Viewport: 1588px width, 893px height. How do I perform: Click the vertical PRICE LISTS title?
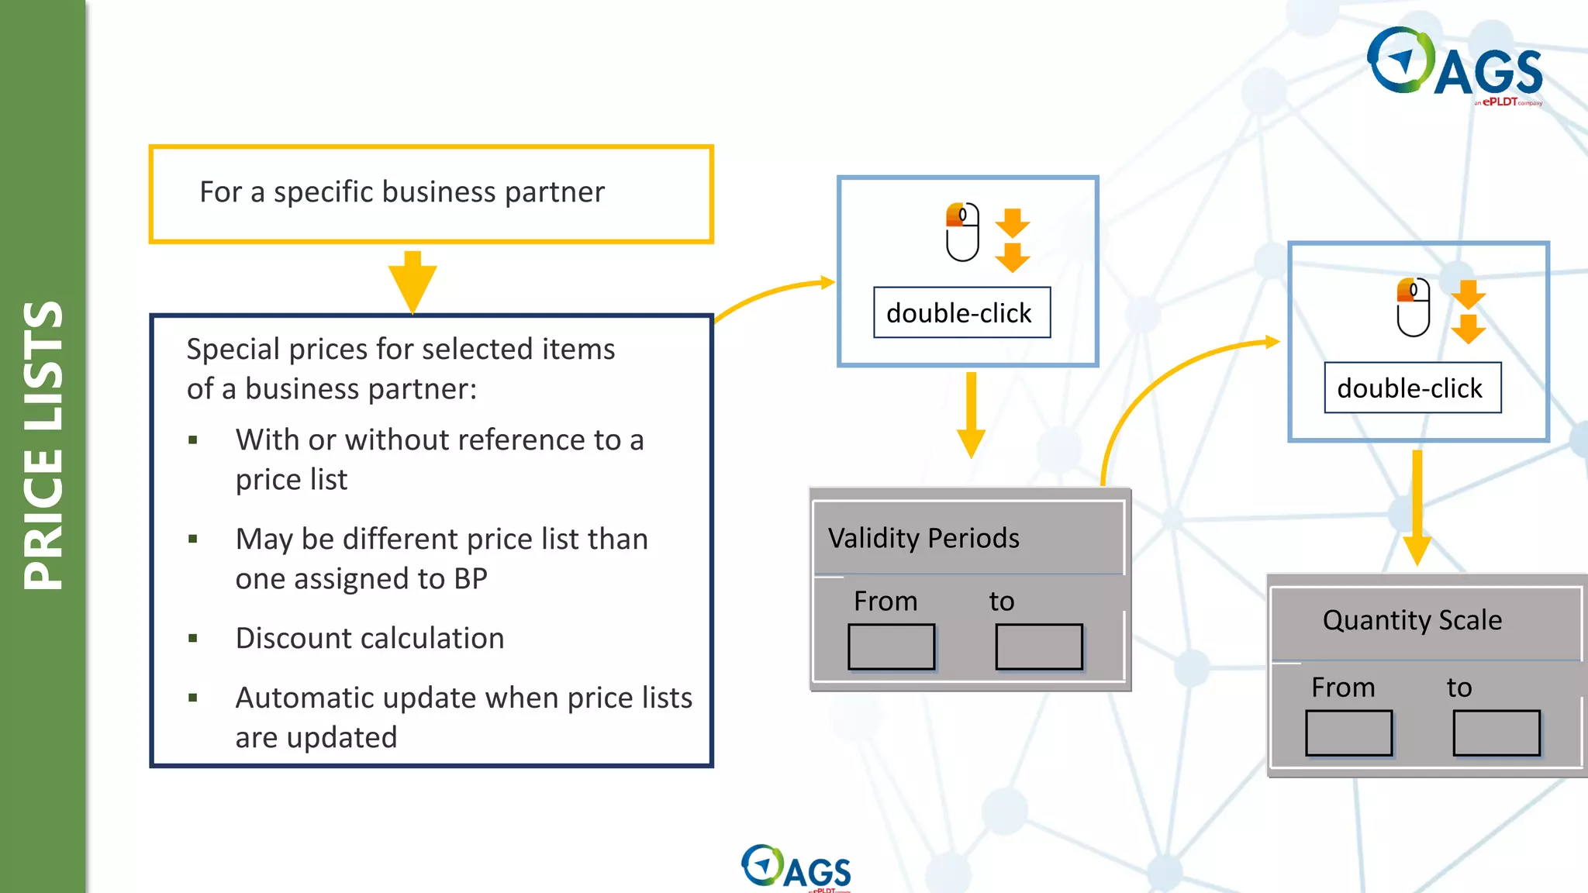(x=43, y=446)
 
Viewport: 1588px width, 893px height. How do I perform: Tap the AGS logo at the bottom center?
(x=796, y=867)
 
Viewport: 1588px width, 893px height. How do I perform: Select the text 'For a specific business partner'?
(x=402, y=192)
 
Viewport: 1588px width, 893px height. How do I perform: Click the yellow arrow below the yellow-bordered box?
(x=413, y=281)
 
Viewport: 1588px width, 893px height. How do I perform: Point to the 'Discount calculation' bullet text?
(x=370, y=638)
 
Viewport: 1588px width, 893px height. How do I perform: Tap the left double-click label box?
(x=961, y=313)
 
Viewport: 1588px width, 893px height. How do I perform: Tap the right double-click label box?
(x=1412, y=388)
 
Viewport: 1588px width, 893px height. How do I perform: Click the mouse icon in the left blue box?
(x=962, y=233)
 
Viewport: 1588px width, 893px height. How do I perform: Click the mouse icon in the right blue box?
(x=1413, y=308)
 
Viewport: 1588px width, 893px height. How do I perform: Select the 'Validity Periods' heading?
(x=923, y=538)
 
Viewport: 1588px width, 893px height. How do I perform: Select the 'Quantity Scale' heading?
(x=1412, y=620)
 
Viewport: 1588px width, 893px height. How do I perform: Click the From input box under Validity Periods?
(x=891, y=646)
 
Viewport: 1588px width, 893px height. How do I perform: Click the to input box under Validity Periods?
(x=1038, y=646)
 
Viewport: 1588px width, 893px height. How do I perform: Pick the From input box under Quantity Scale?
(x=1348, y=733)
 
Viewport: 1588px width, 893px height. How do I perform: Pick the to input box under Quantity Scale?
(x=1496, y=733)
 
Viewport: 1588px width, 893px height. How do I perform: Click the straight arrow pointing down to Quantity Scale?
(x=1417, y=508)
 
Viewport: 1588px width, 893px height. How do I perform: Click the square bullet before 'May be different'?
(x=193, y=539)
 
